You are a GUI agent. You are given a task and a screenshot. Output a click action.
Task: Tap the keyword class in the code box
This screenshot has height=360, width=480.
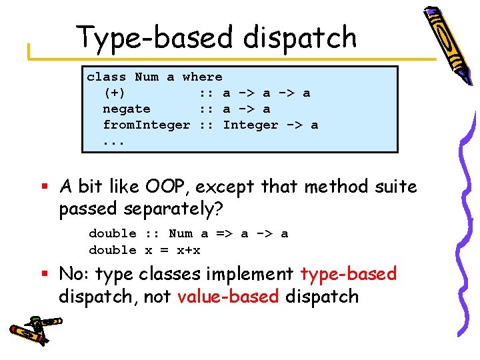coord(106,77)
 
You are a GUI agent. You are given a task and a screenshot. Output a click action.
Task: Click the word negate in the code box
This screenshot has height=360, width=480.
coord(126,109)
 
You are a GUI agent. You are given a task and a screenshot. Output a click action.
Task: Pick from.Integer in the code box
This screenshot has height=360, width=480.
coord(146,125)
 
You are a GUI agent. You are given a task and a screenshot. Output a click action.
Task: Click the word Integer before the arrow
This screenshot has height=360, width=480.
coord(250,125)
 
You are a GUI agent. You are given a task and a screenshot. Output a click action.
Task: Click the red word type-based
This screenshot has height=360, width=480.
coord(348,274)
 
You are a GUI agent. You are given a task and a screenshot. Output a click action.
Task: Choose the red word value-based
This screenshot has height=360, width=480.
coord(228,296)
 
